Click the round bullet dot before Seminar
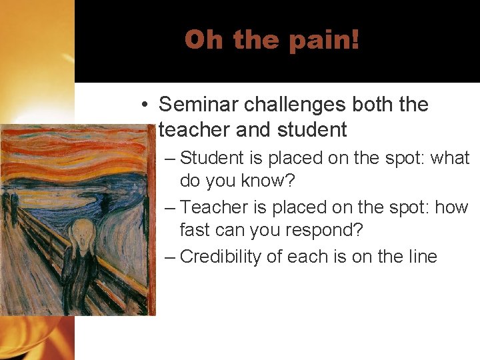(x=145, y=105)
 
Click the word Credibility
(x=221, y=257)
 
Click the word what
(x=451, y=159)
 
